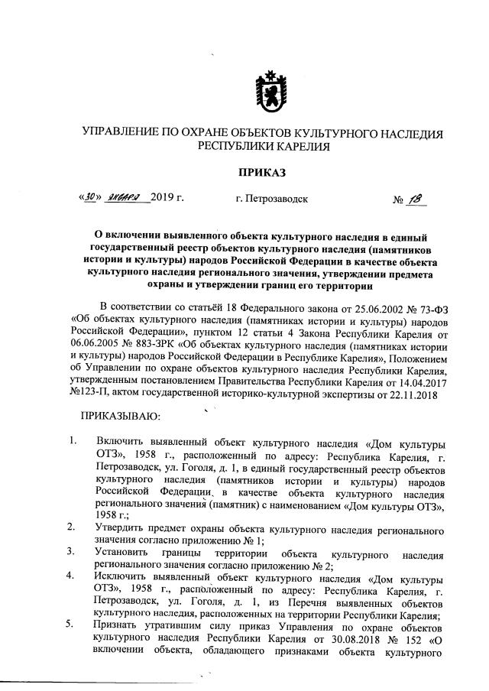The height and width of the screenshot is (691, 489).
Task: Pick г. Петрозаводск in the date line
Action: pos(272,200)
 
